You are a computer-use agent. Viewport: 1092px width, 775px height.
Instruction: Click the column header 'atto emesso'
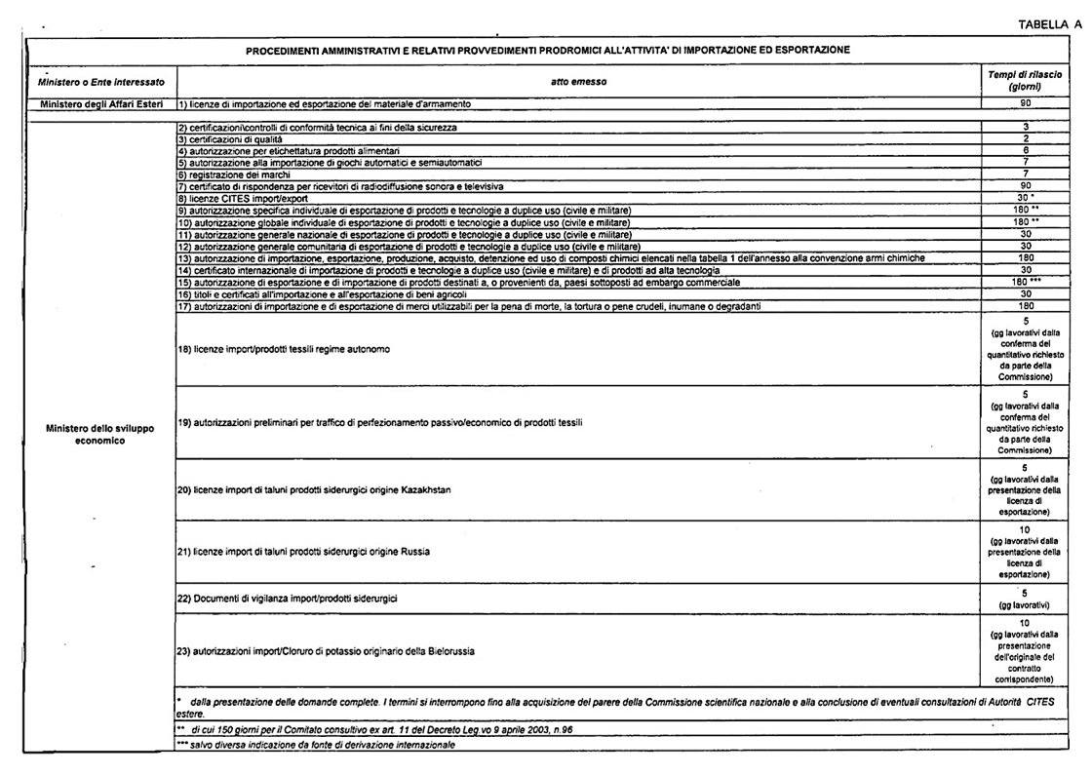click(x=578, y=82)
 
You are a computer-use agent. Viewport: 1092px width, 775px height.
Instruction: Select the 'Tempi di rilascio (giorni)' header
click(x=1024, y=81)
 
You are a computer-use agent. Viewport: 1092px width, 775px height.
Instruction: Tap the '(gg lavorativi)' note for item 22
click(x=1024, y=604)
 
